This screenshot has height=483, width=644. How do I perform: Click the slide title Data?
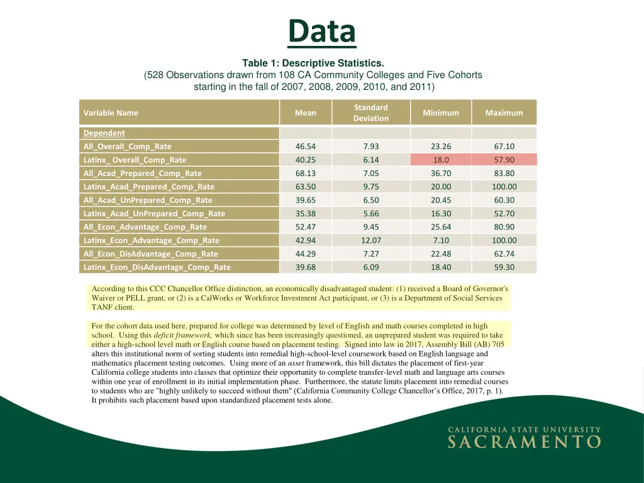321,31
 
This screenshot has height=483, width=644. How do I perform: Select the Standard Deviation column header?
370,113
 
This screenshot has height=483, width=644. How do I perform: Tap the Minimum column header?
440,113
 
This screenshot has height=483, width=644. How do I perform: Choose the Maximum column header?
504,113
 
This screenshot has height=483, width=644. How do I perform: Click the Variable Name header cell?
111,113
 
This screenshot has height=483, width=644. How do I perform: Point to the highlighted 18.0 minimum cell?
441,160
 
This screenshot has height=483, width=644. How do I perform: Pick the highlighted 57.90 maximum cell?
504,160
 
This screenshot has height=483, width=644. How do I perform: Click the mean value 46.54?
306,147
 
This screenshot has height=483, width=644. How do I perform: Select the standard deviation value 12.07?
370,240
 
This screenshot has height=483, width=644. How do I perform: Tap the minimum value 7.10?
441,240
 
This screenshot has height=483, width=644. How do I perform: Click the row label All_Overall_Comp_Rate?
127,147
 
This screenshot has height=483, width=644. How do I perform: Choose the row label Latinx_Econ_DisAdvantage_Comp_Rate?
157,267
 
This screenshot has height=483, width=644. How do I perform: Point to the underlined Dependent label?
104,133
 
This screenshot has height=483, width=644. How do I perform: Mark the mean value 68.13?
306,173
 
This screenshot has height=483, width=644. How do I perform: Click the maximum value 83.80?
504,173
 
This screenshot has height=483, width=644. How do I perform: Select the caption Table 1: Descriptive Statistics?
313,63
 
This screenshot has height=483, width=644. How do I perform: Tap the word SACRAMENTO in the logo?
524,441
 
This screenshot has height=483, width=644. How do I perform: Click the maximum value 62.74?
504,253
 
